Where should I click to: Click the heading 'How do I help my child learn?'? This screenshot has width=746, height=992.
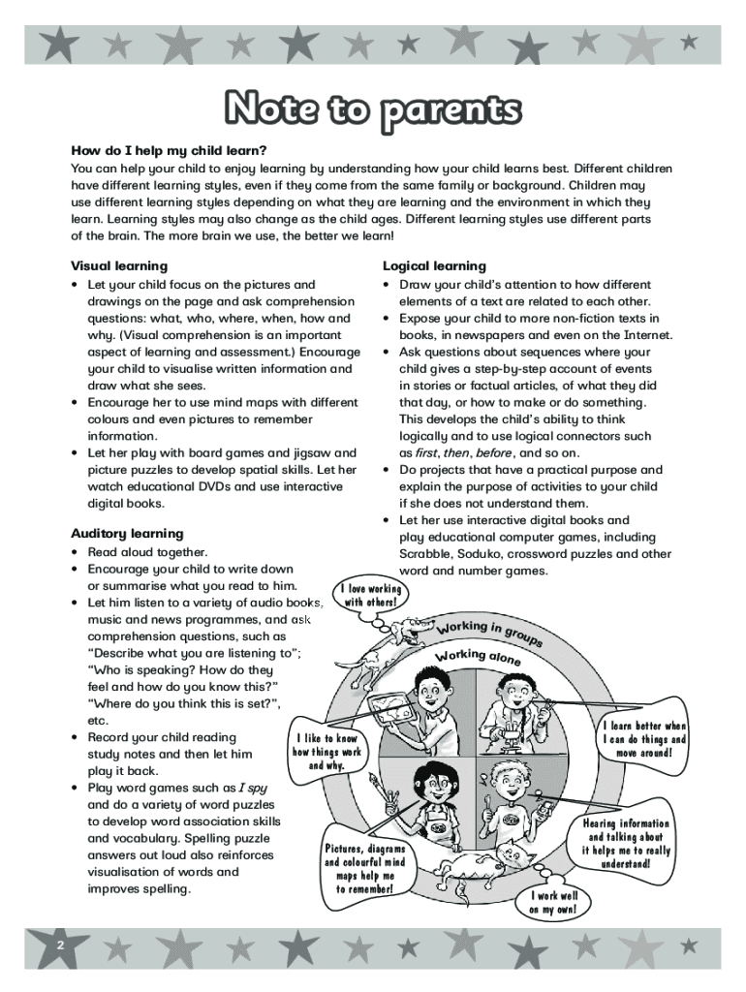(168, 150)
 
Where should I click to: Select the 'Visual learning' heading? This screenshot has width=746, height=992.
(119, 265)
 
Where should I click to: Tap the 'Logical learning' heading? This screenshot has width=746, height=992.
(434, 265)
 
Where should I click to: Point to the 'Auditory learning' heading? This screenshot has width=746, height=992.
(127, 533)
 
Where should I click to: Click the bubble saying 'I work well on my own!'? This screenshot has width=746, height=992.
(553, 902)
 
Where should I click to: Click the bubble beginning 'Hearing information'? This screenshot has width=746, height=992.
(626, 843)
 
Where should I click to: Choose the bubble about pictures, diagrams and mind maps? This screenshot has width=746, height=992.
(365, 869)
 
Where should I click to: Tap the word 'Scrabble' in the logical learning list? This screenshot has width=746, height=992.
(426, 554)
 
